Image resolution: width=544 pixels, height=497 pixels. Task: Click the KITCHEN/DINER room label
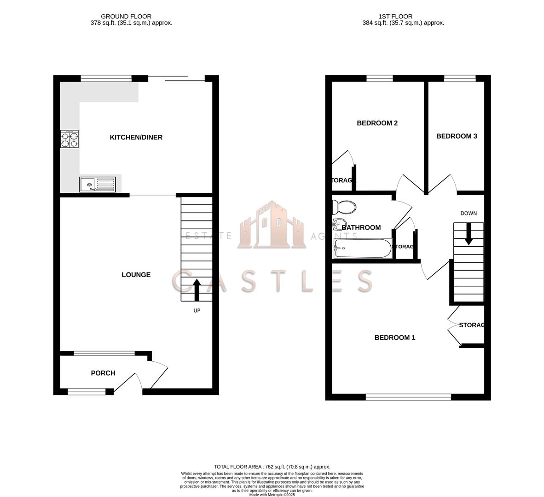[136, 137]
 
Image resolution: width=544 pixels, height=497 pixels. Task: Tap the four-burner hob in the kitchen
[69, 139]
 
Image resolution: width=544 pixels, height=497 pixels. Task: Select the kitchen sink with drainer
[98, 185]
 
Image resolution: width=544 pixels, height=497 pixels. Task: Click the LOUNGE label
[136, 275]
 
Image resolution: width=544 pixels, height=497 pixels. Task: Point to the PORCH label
[103, 373]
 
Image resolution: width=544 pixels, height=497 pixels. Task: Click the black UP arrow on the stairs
[197, 289]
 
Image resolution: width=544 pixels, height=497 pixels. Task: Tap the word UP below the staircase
[197, 311]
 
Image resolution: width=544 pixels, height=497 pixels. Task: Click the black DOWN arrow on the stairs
[469, 234]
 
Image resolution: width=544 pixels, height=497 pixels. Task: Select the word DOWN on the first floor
[469, 214]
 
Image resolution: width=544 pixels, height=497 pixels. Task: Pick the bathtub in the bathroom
[363, 248]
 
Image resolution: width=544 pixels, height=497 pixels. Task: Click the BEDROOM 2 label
[377, 123]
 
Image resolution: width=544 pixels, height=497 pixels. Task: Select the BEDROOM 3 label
[457, 136]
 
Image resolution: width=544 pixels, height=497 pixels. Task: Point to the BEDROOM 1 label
[394, 338]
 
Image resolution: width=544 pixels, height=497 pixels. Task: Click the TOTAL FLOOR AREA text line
[272, 467]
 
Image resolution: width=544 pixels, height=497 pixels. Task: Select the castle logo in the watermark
[272, 225]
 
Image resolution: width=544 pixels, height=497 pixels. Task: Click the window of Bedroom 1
[408, 397]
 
